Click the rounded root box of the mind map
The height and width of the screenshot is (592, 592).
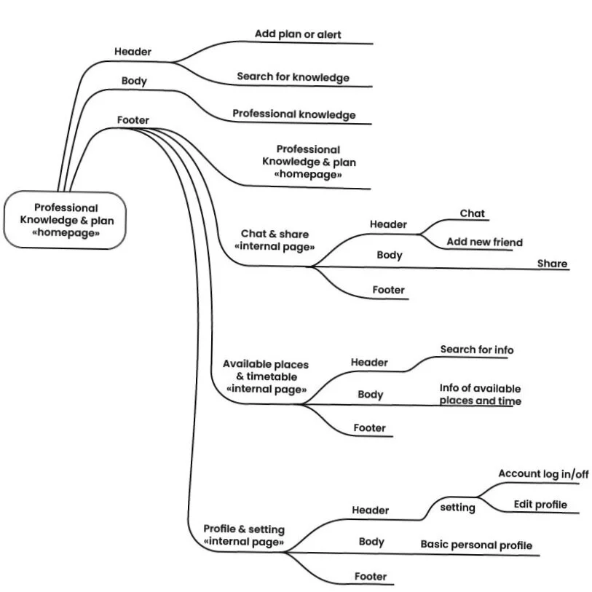pyautogui.click(x=65, y=220)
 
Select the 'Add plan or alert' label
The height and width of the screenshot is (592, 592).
pyautogui.click(x=298, y=34)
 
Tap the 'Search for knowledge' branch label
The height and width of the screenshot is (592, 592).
pyautogui.click(x=293, y=77)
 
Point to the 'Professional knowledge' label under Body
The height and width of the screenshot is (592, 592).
pyautogui.click(x=294, y=114)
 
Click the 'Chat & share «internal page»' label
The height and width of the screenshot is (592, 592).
pyautogui.click(x=275, y=240)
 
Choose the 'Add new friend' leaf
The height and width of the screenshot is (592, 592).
pyautogui.click(x=485, y=242)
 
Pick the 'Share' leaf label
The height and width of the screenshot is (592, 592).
pyautogui.click(x=553, y=263)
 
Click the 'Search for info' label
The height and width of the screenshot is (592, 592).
pyautogui.click(x=477, y=350)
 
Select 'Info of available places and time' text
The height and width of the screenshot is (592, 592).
pyautogui.click(x=481, y=394)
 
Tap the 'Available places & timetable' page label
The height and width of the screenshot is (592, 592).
pyautogui.click(x=266, y=376)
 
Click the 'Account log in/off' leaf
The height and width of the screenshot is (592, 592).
pyautogui.click(x=543, y=473)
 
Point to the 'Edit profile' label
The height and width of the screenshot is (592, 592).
pyautogui.click(x=540, y=505)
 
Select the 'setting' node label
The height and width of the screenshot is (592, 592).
pyautogui.click(x=457, y=508)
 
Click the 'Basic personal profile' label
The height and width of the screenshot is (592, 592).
pyautogui.click(x=476, y=545)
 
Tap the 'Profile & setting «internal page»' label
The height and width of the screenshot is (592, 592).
pyautogui.click(x=244, y=535)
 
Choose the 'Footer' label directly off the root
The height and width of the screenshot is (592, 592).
pyautogui.click(x=133, y=120)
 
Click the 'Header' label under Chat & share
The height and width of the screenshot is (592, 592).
pyautogui.click(x=388, y=224)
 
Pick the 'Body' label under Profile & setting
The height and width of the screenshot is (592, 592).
pyautogui.click(x=371, y=542)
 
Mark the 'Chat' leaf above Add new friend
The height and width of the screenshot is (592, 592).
pyautogui.click(x=472, y=213)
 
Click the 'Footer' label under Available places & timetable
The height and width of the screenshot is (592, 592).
pyautogui.click(x=370, y=427)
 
